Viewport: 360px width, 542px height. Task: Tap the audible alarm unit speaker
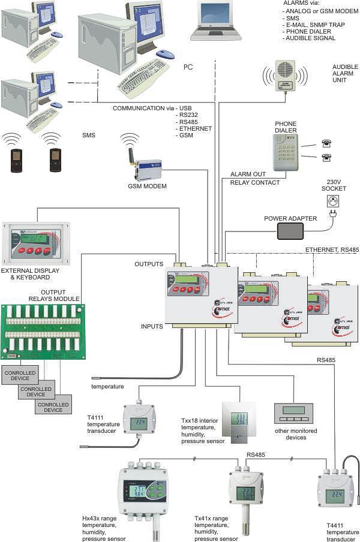coord(285,76)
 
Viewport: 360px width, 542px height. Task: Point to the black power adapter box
coord(298,231)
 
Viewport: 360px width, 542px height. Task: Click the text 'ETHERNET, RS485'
coord(332,249)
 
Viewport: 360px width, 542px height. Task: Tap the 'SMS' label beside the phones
coord(89,135)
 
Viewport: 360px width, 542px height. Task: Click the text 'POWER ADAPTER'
coord(290,218)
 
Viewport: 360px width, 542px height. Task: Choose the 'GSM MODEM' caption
coord(147,186)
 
